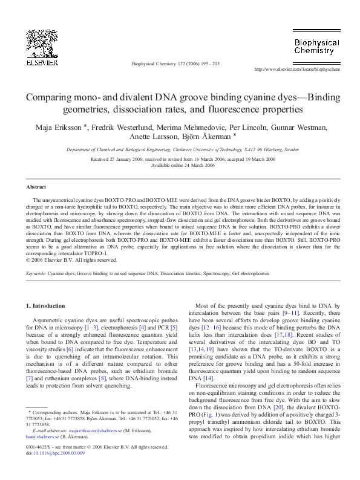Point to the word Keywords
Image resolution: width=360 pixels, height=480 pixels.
click(37, 274)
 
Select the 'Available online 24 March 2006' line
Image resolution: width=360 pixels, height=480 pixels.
click(180, 165)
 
